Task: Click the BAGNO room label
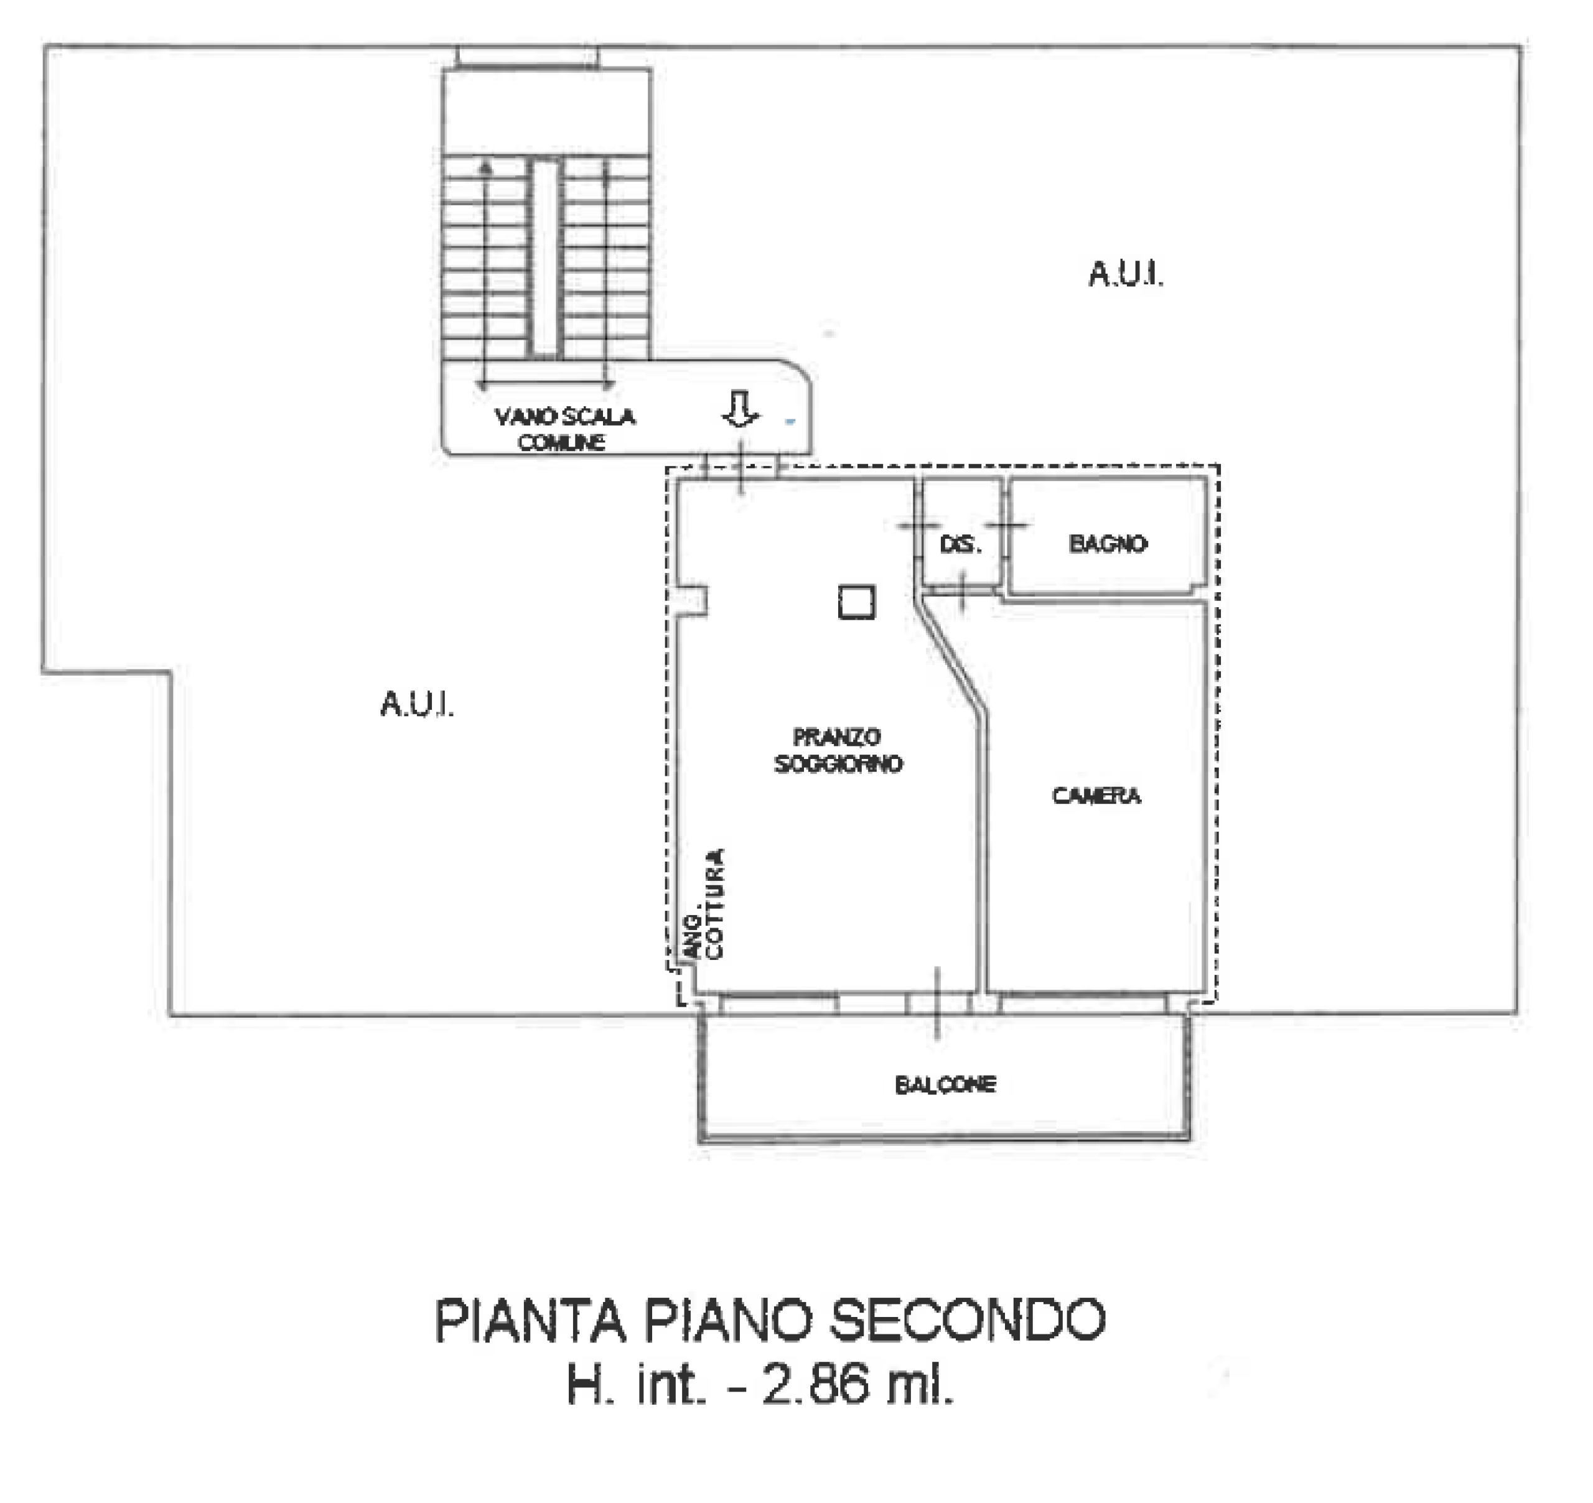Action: click(1108, 544)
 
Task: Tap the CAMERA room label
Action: click(1096, 796)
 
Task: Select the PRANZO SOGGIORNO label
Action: click(838, 750)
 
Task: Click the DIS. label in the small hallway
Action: click(961, 545)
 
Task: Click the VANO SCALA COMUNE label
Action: click(564, 429)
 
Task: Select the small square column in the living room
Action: click(857, 602)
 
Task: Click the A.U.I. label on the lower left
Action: click(418, 704)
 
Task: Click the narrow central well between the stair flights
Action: click(546, 258)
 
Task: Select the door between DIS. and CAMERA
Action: click(963, 591)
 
